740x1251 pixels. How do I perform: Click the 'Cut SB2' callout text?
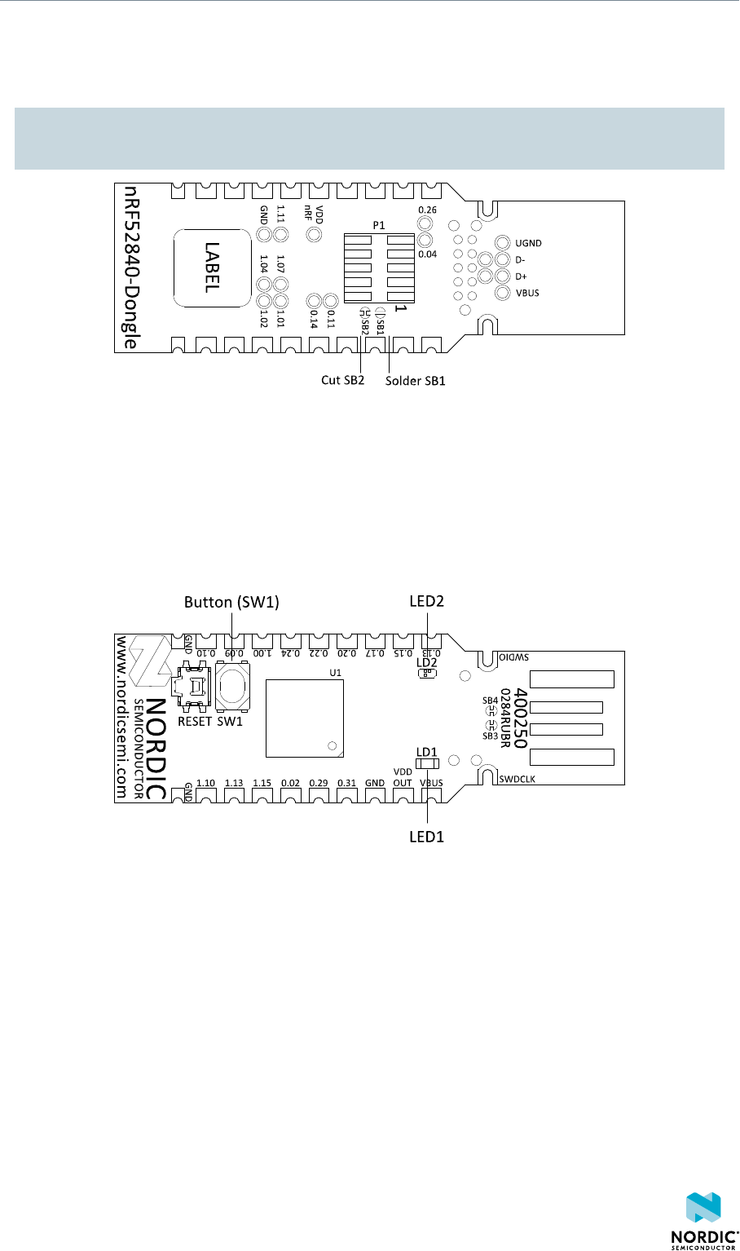341,381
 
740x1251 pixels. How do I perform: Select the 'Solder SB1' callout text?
416,381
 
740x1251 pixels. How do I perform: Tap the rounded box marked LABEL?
211,267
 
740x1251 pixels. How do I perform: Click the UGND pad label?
528,243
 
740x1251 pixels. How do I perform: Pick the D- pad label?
521,260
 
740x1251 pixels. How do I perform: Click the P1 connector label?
379,224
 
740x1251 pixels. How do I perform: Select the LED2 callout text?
428,601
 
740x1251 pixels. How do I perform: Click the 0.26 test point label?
427,210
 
